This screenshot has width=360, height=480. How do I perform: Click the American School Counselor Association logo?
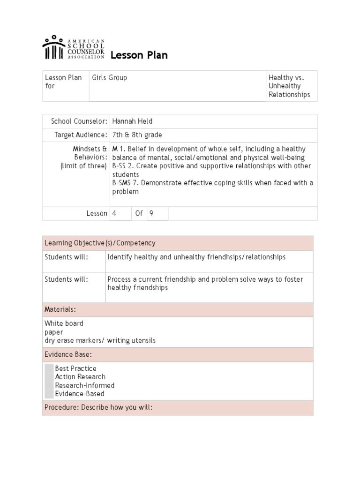click(x=73, y=47)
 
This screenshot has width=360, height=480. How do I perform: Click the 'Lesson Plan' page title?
click(x=139, y=56)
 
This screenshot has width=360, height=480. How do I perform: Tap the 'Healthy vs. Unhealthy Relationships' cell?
click(x=289, y=86)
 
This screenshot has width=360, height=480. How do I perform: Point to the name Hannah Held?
click(x=132, y=121)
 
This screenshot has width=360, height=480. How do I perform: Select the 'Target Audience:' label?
click(x=81, y=135)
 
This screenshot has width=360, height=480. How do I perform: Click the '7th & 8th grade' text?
click(x=137, y=135)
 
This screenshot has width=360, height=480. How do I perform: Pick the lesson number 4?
click(x=114, y=213)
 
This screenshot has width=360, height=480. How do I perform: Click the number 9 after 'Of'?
click(x=151, y=213)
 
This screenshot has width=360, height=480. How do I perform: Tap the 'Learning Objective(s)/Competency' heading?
click(x=100, y=243)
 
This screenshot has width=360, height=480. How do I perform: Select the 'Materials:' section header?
click(x=60, y=310)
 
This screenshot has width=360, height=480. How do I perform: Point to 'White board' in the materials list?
click(x=64, y=323)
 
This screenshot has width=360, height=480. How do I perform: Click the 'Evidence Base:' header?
click(x=68, y=354)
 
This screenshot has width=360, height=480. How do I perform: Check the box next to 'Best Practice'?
click(x=49, y=368)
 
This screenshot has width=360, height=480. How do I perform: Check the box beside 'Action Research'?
click(x=49, y=377)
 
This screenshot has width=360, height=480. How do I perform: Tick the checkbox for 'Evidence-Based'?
click(x=49, y=394)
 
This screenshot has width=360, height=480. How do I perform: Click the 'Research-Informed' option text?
click(x=84, y=385)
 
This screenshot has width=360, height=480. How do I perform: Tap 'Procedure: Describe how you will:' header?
click(x=98, y=408)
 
